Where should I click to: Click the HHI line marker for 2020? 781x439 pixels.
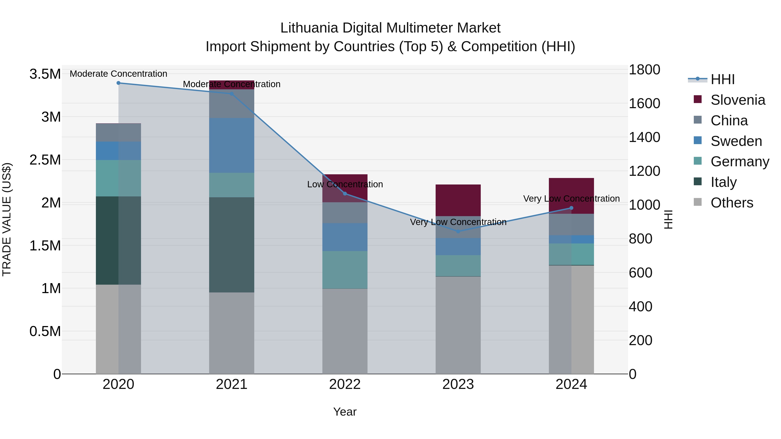tap(118, 83)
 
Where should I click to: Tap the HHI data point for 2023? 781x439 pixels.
tap(458, 232)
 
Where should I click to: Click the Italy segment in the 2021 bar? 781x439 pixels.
tap(232, 245)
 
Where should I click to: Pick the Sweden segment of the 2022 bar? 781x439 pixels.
tap(345, 237)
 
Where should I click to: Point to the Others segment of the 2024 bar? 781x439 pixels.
tap(571, 320)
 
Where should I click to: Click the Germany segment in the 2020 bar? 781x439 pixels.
tap(118, 178)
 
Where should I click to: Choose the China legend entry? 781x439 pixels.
tap(729, 121)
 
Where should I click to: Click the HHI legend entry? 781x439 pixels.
tap(722, 79)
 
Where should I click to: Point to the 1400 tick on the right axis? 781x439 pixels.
tap(644, 137)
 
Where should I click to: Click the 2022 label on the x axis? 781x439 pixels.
tap(345, 384)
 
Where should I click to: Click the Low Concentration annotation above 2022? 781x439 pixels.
tap(345, 184)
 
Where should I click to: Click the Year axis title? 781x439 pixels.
tap(345, 412)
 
